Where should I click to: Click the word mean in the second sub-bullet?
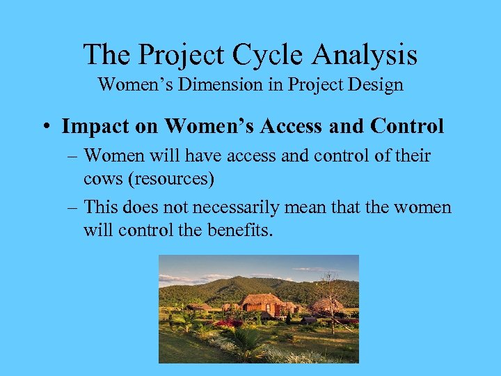(x=326, y=207)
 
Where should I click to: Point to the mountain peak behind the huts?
(x=237, y=280)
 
